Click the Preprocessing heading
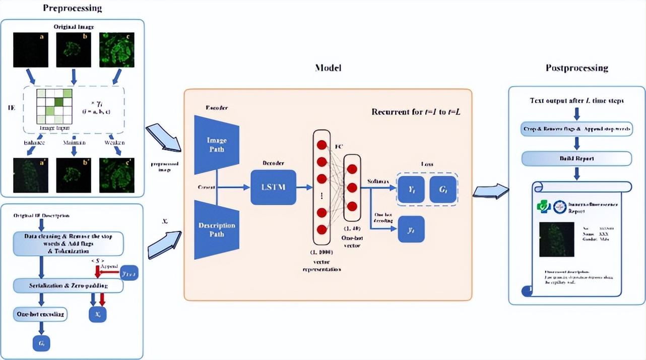[72, 8]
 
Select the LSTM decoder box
[273, 187]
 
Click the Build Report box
[576, 159]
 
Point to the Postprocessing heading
[576, 68]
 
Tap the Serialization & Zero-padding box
[69, 285]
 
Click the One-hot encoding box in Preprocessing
[40, 314]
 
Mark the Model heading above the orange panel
[328, 68]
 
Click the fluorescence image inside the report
[556, 239]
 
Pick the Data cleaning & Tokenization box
[69, 243]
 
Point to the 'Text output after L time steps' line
[576, 100]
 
